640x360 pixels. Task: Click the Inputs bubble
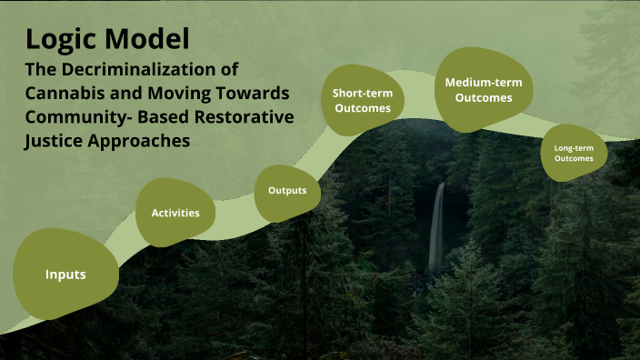click(x=65, y=274)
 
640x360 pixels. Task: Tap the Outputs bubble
click(x=293, y=191)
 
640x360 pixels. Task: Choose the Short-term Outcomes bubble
click(x=362, y=100)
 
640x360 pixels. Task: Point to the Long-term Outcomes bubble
click(x=574, y=152)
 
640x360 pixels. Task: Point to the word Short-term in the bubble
click(x=362, y=93)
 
